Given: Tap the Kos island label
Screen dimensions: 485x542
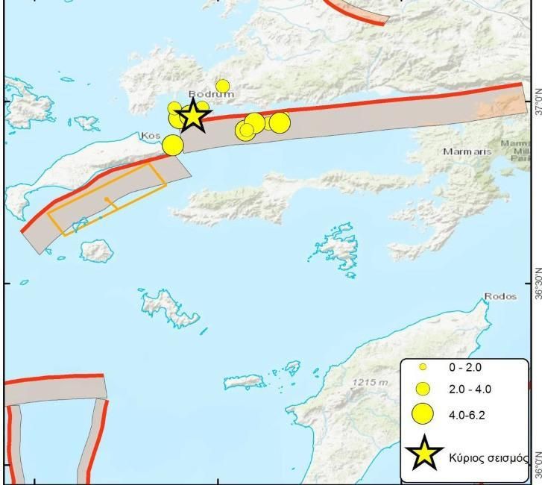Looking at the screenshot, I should click(150, 136).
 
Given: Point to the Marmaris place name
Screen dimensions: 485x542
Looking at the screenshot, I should click(467, 151).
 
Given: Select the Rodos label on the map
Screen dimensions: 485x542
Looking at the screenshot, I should click(500, 296).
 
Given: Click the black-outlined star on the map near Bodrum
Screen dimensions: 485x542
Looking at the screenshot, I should click(193, 116).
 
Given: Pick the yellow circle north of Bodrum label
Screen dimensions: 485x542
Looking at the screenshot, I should click(222, 86).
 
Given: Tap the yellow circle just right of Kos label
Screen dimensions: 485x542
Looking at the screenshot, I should click(172, 145).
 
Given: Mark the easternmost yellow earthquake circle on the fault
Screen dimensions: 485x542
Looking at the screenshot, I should click(280, 122).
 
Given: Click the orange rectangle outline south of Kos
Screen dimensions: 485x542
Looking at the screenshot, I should click(107, 199).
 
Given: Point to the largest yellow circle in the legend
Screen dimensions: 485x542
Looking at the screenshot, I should click(423, 413).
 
